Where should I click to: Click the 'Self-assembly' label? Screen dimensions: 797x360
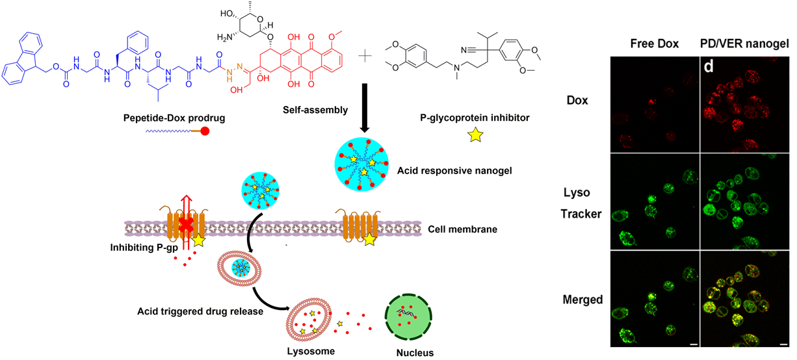315,110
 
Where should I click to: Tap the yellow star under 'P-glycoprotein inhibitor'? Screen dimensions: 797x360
476,135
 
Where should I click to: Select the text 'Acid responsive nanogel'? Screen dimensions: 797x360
454,171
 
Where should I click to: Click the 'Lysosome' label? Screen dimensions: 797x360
311,351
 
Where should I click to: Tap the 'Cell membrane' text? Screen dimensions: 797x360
463,229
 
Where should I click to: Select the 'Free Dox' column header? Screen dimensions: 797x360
655,44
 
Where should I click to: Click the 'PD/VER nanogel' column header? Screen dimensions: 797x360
744,44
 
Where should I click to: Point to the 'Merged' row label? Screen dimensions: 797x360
582,300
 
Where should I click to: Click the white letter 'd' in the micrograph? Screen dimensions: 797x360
709,66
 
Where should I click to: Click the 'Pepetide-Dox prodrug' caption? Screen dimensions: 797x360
174,118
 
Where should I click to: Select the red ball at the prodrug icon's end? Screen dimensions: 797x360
205,131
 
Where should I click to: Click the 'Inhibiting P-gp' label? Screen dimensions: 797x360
144,248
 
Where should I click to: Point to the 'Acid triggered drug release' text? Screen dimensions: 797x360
200,311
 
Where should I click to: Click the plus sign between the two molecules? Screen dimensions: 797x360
365,56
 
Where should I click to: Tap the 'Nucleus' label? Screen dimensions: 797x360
415,353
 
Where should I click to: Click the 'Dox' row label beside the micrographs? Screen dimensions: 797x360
577,100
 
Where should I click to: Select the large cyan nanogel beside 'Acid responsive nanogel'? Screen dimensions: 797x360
361,164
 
